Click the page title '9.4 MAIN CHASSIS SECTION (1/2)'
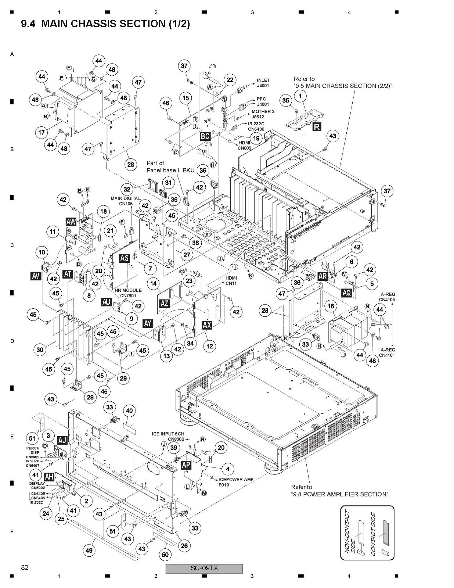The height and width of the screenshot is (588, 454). click(x=105, y=24)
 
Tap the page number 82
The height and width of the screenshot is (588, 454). click(x=25, y=567)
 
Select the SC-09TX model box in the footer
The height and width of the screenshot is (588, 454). click(x=204, y=568)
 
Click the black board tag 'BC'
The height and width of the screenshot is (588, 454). click(x=205, y=136)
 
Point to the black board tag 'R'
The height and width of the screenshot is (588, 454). click(x=317, y=127)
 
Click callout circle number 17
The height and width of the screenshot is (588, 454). click(x=41, y=132)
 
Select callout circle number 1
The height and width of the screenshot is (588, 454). click(x=300, y=96)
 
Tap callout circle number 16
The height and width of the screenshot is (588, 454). click(x=331, y=306)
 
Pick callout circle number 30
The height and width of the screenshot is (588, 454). click(x=40, y=349)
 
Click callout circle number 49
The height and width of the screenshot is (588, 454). click(x=89, y=550)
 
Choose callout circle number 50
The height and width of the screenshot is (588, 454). click(x=165, y=555)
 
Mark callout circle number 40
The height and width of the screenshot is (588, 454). click(x=129, y=410)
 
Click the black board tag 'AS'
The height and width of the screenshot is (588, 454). click(x=125, y=258)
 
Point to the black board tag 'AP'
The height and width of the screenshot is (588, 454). click(x=186, y=465)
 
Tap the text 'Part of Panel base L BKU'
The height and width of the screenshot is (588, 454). click(x=170, y=166)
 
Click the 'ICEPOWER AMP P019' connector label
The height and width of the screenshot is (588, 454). click(x=236, y=482)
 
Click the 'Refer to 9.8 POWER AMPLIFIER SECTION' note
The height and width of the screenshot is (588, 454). click(x=340, y=491)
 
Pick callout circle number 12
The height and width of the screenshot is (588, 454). click(x=209, y=346)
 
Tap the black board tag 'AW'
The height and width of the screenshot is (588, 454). click(x=71, y=222)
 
